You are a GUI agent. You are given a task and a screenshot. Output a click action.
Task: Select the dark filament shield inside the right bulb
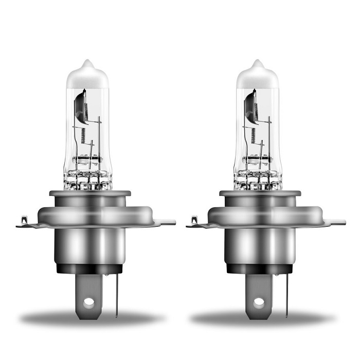[251, 105]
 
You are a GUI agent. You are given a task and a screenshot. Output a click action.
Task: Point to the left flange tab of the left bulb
[23, 223]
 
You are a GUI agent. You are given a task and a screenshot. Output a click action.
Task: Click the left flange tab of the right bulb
[193, 223]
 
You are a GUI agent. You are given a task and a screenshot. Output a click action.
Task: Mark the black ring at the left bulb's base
[89, 269]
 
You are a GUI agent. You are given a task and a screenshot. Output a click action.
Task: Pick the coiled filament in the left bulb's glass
[83, 136]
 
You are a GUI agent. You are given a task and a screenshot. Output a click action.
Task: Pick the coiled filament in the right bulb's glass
[253, 136]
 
